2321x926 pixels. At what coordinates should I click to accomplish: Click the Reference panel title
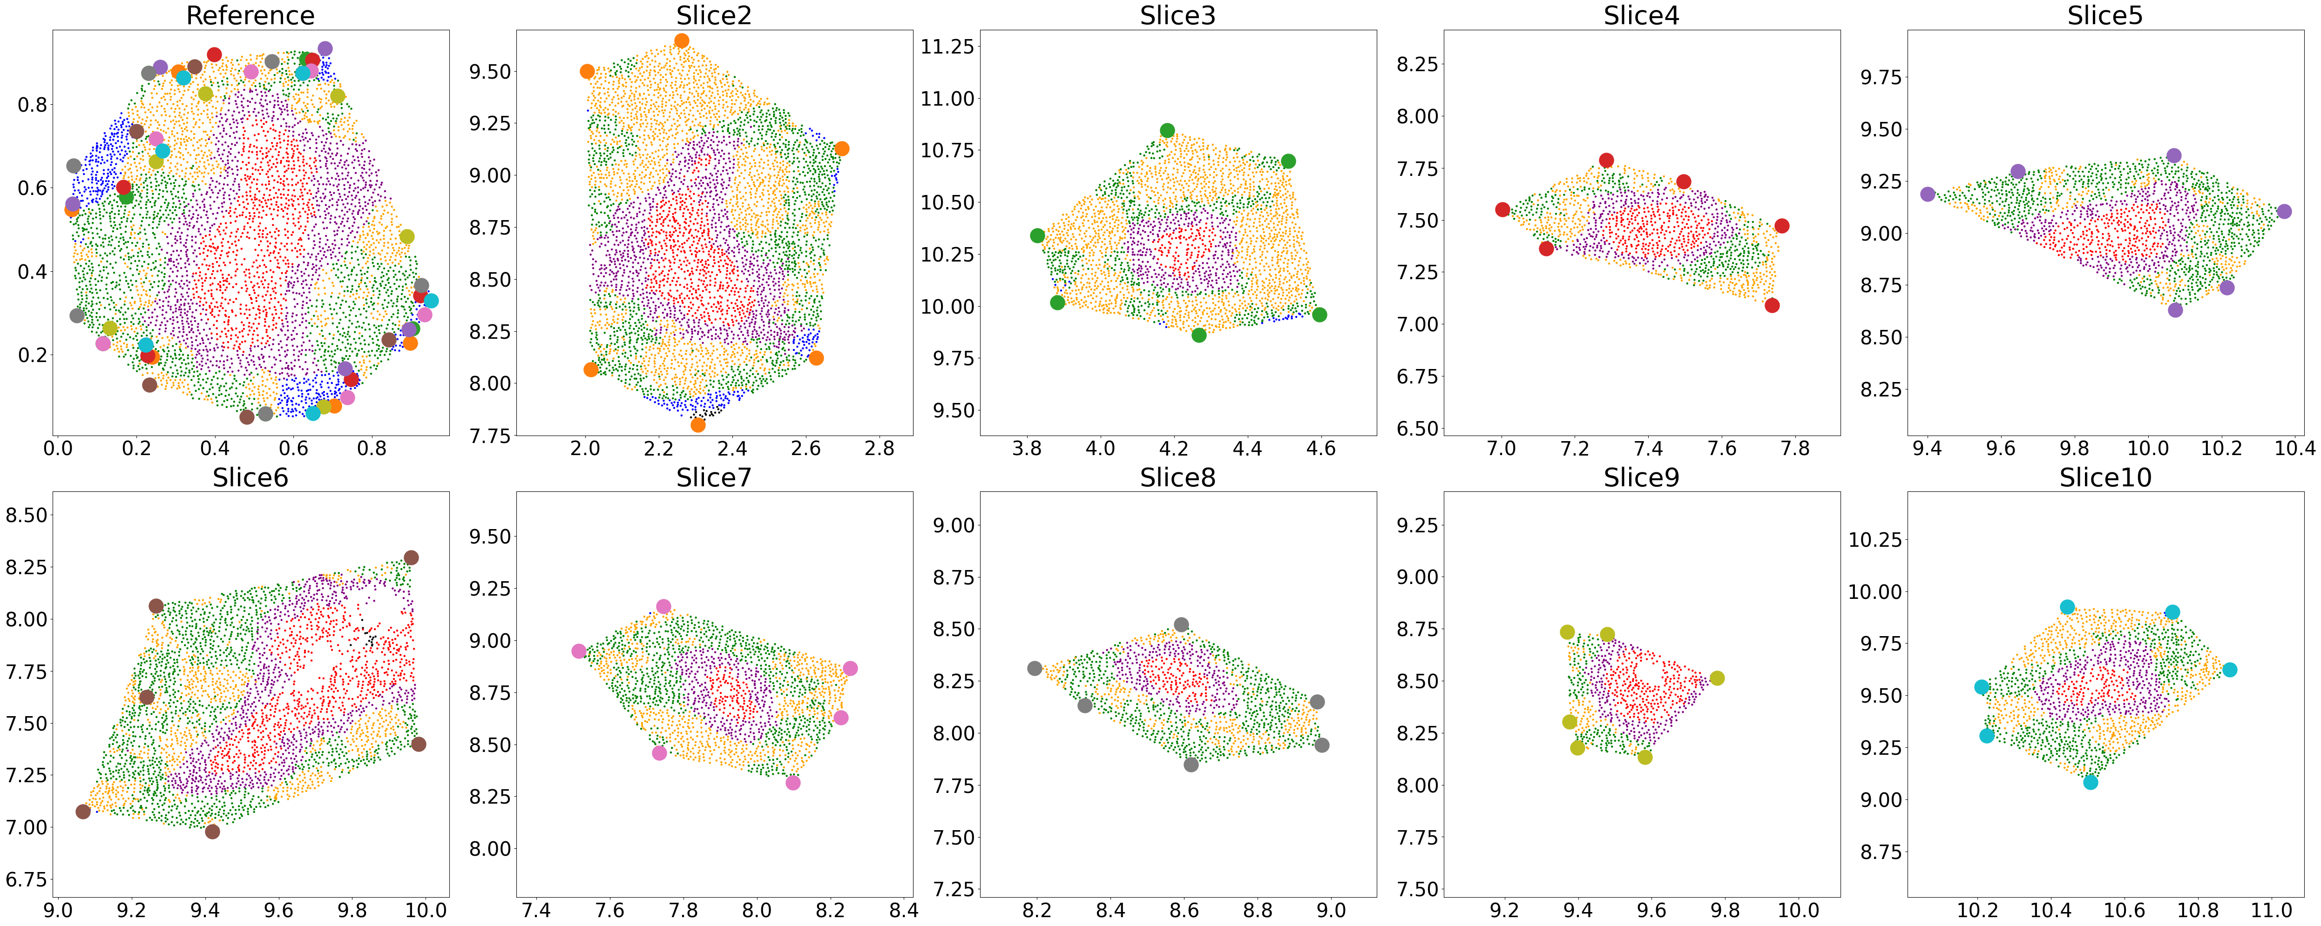(250, 15)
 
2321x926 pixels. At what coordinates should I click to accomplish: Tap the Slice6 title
(250, 477)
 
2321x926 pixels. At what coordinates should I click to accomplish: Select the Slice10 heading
(2105, 477)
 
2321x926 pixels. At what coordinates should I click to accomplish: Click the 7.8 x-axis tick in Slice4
(1796, 449)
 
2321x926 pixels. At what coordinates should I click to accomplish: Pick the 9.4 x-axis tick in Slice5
(1927, 449)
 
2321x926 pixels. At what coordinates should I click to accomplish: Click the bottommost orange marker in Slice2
(697, 424)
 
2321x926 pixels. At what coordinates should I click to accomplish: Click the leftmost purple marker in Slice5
(1927, 194)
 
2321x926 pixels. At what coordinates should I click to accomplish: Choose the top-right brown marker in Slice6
(411, 557)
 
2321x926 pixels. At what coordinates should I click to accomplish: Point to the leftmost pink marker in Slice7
(578, 651)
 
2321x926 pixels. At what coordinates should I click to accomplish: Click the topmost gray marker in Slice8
(1181, 624)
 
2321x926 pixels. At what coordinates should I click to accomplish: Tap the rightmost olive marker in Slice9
(1717, 678)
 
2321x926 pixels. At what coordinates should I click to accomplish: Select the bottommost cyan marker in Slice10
(2091, 782)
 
